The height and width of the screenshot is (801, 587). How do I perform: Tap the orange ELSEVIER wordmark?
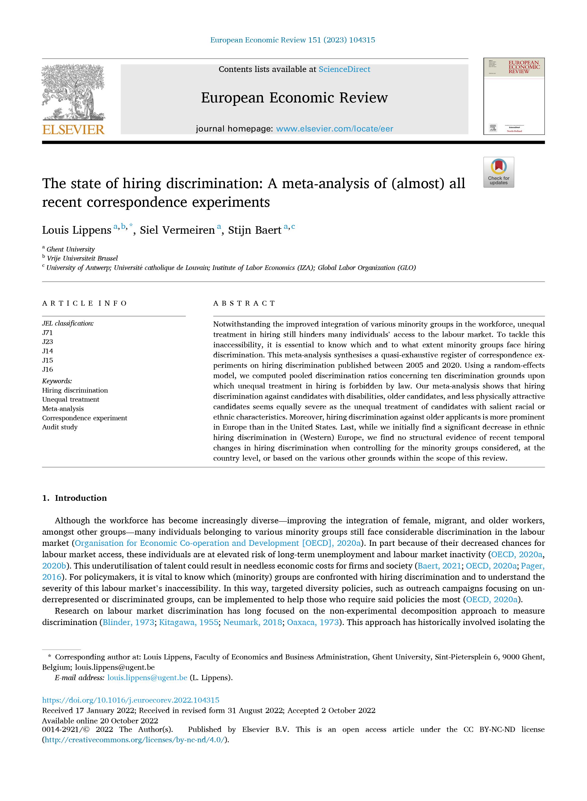click(73, 130)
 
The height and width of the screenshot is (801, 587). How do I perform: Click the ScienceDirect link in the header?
click(344, 69)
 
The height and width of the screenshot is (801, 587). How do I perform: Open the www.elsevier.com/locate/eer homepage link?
click(334, 129)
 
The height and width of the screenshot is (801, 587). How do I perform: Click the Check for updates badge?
click(498, 172)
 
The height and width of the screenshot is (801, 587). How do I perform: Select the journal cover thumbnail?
click(513, 96)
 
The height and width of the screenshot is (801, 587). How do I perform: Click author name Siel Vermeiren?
click(177, 230)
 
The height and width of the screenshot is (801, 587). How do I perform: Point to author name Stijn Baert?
click(254, 230)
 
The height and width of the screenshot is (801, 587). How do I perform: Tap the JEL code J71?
click(47, 333)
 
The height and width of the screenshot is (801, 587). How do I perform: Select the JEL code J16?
click(47, 369)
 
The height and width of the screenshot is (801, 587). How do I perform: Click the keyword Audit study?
click(60, 427)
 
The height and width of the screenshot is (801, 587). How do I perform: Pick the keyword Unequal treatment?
click(70, 399)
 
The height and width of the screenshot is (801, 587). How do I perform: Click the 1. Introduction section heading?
click(74, 498)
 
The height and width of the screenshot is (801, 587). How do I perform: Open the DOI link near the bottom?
click(130, 700)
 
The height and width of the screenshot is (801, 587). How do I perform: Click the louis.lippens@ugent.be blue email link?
click(147, 677)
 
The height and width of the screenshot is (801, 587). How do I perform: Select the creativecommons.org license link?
click(135, 740)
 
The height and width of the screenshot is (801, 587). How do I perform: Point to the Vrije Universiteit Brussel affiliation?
click(82, 258)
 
